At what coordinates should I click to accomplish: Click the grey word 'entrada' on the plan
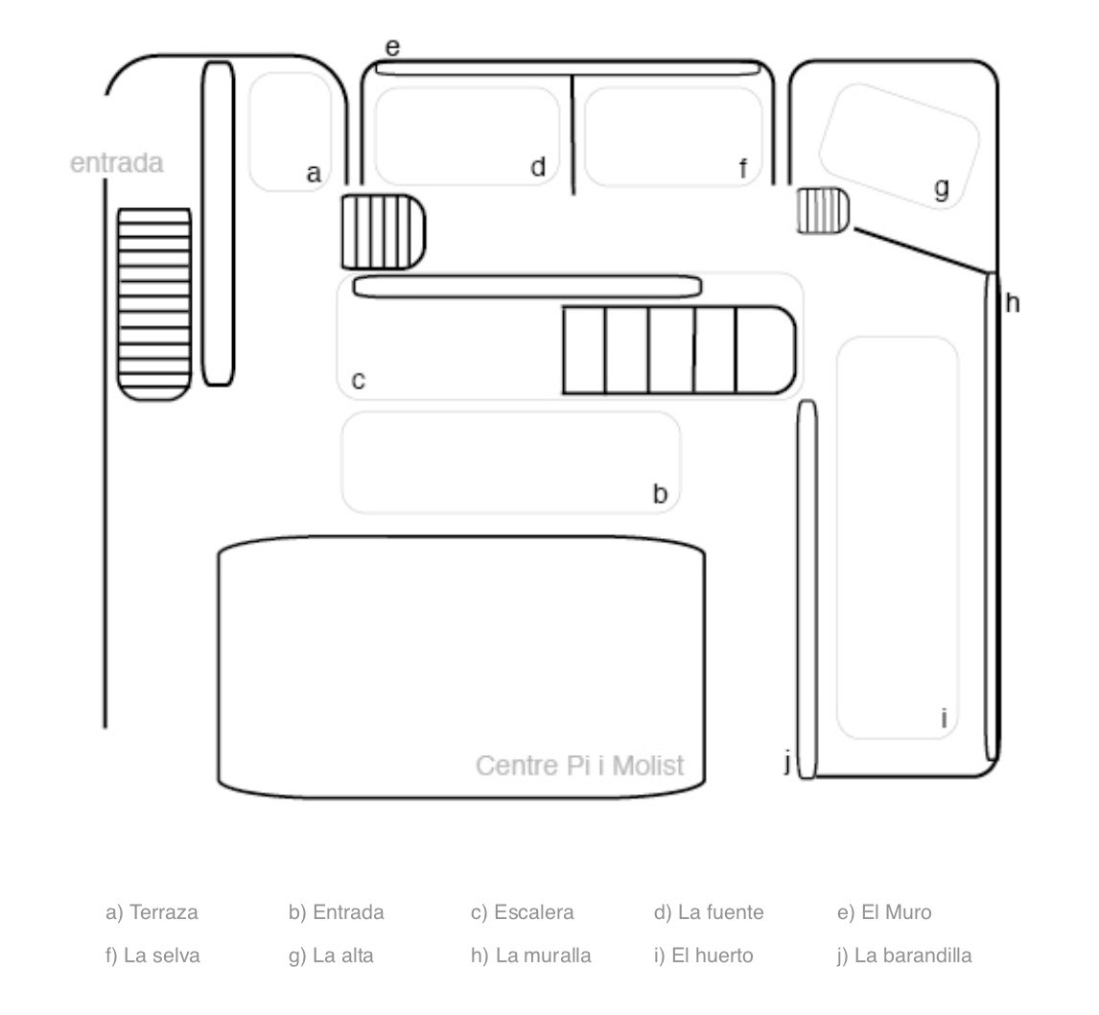click(x=116, y=163)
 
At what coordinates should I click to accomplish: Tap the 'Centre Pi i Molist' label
click(x=579, y=765)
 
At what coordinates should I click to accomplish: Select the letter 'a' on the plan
click(x=314, y=173)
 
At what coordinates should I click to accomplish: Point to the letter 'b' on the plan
click(x=660, y=493)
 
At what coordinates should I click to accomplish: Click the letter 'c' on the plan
click(x=358, y=381)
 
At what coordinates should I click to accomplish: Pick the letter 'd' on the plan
click(x=538, y=167)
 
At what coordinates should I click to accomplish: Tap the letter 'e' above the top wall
click(x=392, y=48)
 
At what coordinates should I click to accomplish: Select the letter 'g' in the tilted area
click(x=942, y=188)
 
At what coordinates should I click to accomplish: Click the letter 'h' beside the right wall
click(x=1012, y=303)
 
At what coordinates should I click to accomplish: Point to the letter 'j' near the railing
click(x=787, y=762)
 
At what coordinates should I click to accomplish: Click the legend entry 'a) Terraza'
click(x=152, y=912)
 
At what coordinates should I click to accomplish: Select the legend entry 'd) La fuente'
click(x=709, y=912)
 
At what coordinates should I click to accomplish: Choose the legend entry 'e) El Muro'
click(x=884, y=912)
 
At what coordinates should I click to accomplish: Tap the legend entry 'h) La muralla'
click(x=530, y=956)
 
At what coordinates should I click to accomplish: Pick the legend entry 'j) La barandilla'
click(x=904, y=956)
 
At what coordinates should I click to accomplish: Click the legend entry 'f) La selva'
click(x=152, y=956)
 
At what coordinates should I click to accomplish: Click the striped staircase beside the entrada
click(x=154, y=304)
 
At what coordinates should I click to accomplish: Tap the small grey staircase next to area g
click(x=824, y=210)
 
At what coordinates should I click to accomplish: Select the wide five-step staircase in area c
click(x=679, y=350)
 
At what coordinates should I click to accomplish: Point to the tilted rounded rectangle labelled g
click(x=900, y=146)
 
